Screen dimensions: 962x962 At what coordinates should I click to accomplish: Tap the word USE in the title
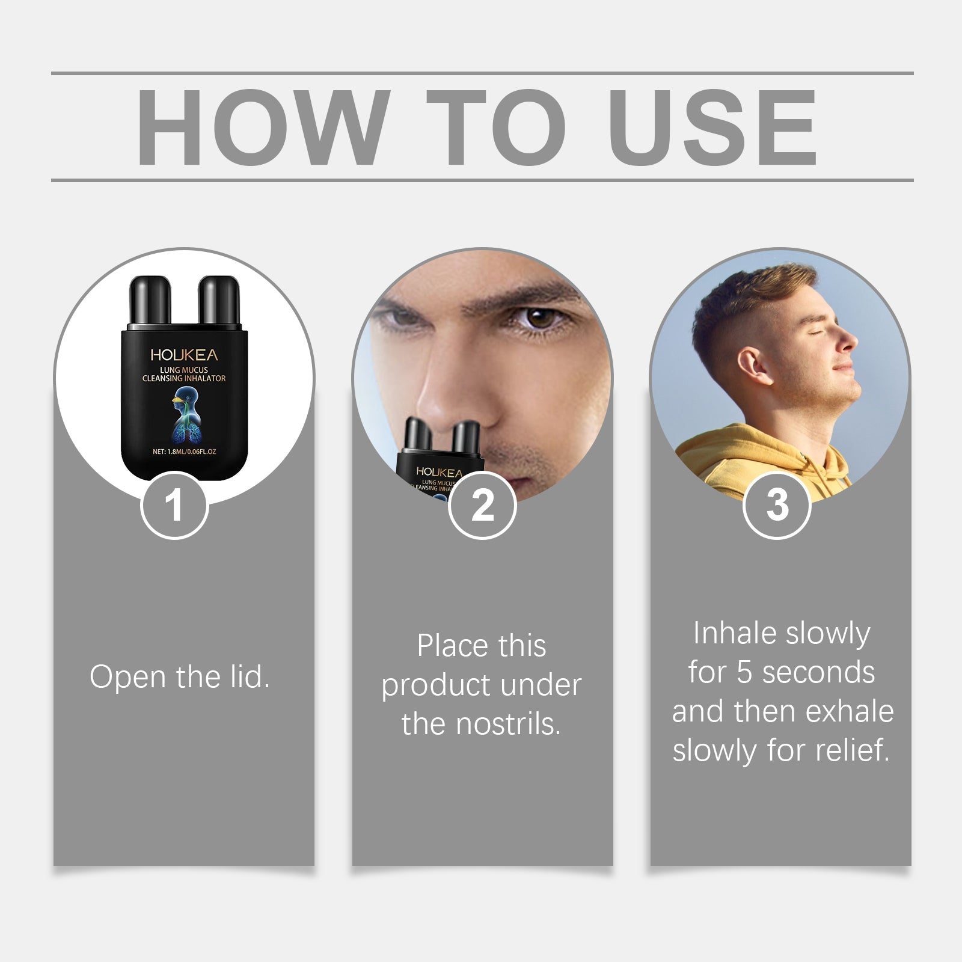[x=712, y=127]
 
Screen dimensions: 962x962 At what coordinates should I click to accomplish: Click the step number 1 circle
[x=174, y=505]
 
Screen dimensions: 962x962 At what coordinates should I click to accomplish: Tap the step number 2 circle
[x=482, y=505]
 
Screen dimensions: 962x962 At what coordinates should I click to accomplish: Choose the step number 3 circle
[x=777, y=505]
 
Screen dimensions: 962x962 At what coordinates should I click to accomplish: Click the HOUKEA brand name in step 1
[x=184, y=355]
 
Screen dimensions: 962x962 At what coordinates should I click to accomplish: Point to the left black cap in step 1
[x=150, y=301]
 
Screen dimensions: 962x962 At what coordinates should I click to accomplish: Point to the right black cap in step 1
[x=219, y=301]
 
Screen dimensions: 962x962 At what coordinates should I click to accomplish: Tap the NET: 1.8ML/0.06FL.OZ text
[x=184, y=452]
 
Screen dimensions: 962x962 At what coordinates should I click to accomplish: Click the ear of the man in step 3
[x=753, y=366]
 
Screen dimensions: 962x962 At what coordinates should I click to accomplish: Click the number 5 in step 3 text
[x=744, y=672]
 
